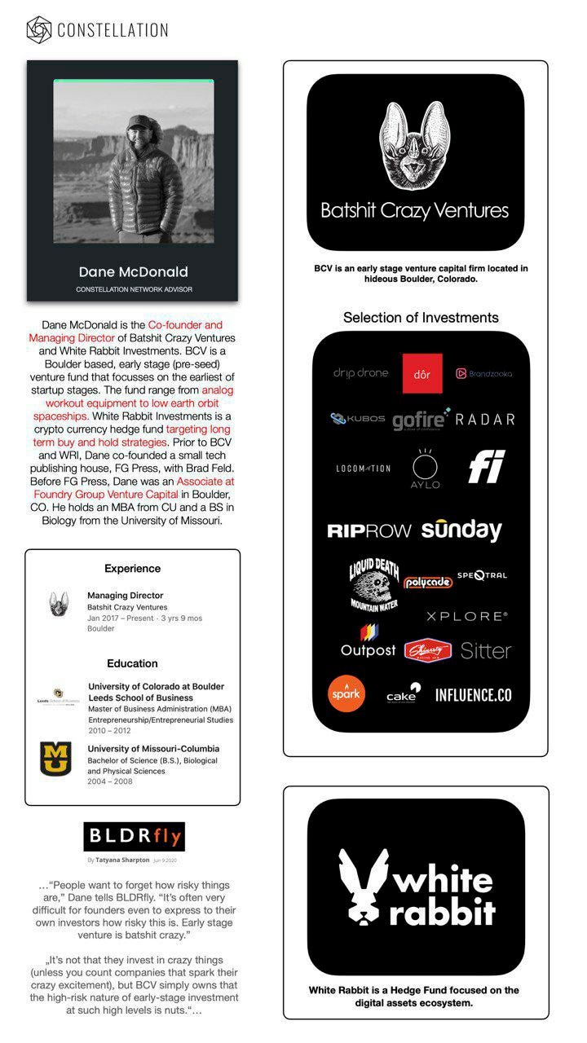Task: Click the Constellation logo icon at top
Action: tap(38, 30)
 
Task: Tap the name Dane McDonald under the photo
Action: tap(133, 271)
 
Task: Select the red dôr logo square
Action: tap(422, 374)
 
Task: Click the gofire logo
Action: tap(421, 419)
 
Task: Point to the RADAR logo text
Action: tap(485, 420)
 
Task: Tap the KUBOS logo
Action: tap(358, 419)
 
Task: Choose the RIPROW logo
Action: tap(369, 531)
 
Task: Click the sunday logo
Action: tap(461, 530)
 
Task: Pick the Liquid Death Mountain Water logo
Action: tap(373, 583)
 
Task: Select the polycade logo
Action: tap(428, 583)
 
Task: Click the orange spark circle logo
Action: tap(346, 694)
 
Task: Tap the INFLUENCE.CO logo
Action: tap(473, 695)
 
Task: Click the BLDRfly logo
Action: tap(135, 836)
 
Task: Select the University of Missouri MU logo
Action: tap(55, 759)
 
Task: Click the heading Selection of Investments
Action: tap(421, 317)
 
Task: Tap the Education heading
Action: tap(132, 663)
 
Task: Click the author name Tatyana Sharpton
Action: tap(122, 860)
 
